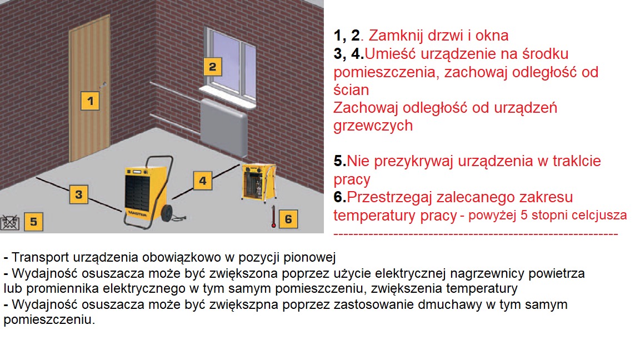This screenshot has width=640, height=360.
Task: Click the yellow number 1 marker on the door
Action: click(x=90, y=101)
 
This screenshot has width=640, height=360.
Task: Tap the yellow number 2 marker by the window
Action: click(x=212, y=67)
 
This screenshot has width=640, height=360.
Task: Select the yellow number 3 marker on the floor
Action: click(x=79, y=194)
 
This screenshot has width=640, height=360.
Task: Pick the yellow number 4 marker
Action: click(x=203, y=180)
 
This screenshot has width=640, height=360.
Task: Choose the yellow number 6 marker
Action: click(x=288, y=218)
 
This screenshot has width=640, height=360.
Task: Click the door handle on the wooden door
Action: click(x=104, y=84)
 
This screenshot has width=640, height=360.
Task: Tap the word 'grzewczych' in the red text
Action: click(x=373, y=126)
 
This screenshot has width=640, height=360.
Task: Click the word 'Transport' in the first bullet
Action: click(x=36, y=258)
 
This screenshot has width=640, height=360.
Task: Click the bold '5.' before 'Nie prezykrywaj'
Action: click(x=340, y=162)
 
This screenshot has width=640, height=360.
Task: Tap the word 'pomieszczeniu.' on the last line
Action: click(x=49, y=321)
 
